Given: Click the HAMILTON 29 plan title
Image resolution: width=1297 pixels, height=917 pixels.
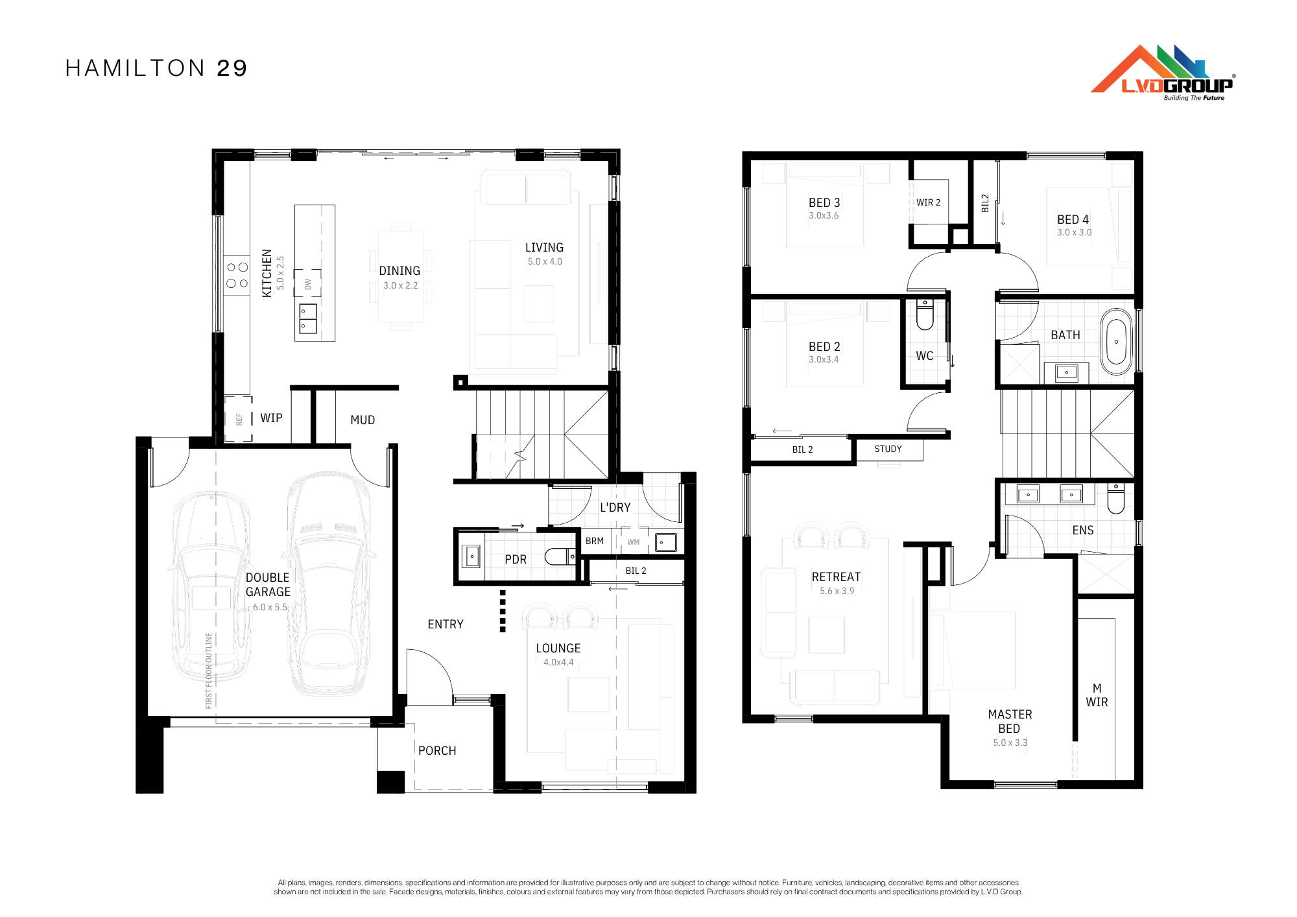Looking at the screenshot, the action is (x=156, y=68).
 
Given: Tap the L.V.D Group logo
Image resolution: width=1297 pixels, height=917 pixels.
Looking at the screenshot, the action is (x=1163, y=73).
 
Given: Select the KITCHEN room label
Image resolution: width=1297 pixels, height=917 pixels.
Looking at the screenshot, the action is (x=267, y=273).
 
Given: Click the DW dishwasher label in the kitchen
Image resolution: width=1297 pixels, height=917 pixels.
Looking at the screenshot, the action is (x=308, y=284).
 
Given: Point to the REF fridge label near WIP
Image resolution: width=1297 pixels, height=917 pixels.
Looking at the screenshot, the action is (x=239, y=419).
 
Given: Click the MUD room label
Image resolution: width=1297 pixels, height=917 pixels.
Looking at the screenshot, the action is (x=363, y=420).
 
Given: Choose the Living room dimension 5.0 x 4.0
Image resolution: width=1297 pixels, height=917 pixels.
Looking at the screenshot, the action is (x=545, y=262).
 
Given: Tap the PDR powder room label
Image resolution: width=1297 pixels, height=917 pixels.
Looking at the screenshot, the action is (x=516, y=559).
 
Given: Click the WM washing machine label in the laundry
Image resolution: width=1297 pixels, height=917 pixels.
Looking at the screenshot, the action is (x=634, y=542).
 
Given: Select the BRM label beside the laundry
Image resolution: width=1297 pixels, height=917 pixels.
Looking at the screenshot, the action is (x=595, y=541).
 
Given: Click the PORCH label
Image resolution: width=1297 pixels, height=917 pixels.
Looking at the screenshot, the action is (x=437, y=750).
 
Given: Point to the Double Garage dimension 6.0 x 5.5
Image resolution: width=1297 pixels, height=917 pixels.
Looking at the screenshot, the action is (x=270, y=608).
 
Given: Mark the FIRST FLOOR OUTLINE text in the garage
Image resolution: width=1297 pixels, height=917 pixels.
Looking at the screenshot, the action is (x=209, y=671).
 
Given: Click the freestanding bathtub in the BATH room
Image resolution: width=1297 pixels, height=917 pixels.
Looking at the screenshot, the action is (x=1116, y=342).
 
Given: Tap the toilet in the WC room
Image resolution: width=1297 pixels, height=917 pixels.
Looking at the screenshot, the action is (x=925, y=314).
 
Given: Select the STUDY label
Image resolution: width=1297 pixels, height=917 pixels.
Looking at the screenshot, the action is (x=888, y=449).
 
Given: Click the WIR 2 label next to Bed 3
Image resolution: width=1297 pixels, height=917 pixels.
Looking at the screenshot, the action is (x=928, y=202).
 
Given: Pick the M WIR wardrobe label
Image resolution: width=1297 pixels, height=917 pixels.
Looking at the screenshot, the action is (x=1097, y=695).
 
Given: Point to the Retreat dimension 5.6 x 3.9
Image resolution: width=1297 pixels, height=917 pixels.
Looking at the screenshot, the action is (x=837, y=591).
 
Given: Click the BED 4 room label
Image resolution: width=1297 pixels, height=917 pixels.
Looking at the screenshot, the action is (x=1073, y=220).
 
